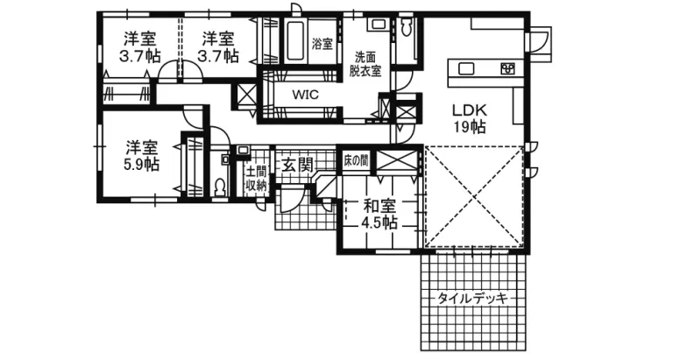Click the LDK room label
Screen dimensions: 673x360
click(x=470, y=110)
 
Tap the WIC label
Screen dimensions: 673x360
click(x=306, y=94)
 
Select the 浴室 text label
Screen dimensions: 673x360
click(x=322, y=44)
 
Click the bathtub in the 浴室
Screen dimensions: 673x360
click(x=296, y=42)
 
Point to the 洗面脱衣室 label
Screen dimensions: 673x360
click(x=365, y=64)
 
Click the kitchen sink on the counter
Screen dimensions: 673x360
click(x=464, y=68)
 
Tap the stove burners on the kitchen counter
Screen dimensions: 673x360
click(x=508, y=68)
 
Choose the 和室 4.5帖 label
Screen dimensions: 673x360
click(x=379, y=215)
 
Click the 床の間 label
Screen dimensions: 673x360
click(x=356, y=160)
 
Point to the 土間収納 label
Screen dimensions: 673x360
click(x=256, y=179)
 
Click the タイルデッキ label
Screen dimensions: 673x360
click(x=472, y=298)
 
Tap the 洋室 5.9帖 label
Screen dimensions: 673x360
click(x=142, y=156)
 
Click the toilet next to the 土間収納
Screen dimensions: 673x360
click(x=220, y=187)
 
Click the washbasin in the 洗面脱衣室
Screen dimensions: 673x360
click(x=378, y=24)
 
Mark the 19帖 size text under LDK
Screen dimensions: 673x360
click(x=470, y=127)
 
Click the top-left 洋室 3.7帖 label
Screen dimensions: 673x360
click(x=140, y=47)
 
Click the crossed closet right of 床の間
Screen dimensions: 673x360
click(x=396, y=161)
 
